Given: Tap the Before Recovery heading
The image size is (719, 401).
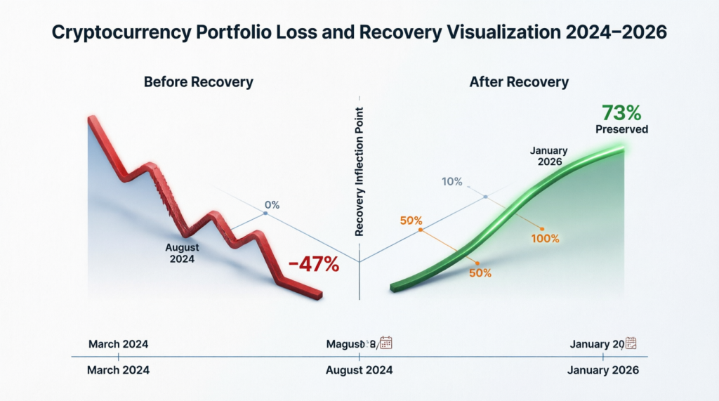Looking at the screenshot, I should point(198,82).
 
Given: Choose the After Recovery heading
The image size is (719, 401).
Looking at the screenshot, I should point(519,82).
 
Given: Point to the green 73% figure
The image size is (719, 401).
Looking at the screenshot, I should point(621,113).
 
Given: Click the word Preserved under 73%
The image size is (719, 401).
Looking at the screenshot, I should point(621,129).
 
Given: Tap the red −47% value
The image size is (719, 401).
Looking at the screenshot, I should point(313,265).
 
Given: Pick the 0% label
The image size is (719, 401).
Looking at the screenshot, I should point(272,205).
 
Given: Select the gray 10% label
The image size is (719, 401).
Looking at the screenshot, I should point(451,182).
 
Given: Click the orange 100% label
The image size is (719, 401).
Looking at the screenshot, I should point(545,239).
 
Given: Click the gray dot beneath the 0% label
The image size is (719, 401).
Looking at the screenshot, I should point(265,213).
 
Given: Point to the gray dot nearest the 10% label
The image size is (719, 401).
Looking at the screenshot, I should point(485,197).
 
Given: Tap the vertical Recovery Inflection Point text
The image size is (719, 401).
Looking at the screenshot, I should point(359,173).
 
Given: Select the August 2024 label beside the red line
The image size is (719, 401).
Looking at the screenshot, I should point(183,254).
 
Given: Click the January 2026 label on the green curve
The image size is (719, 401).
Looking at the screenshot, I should point(548,155).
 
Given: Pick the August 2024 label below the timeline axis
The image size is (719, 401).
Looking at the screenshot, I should point(359,370).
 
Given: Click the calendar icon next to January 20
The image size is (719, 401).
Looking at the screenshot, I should point(631,343).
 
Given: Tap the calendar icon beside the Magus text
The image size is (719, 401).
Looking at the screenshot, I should point(385,343).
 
